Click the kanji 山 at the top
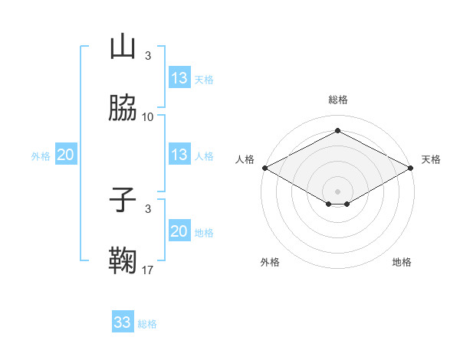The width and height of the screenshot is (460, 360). point(123,47)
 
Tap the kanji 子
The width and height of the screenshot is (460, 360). point(123,200)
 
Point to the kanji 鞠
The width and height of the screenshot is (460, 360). point(123,261)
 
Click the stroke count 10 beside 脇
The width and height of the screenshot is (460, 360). point(148,117)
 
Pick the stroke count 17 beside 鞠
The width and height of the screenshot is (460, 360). point(148,270)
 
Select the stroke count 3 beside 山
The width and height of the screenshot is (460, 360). point(148,55)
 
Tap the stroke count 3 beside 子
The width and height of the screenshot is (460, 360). point(148,208)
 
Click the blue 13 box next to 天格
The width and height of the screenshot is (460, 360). point(179,78)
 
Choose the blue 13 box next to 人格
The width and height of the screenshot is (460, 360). point(179,155)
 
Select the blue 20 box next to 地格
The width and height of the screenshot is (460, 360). point(179,231)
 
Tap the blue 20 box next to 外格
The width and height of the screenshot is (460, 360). point(66,155)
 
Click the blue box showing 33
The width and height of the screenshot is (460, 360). point(123,322)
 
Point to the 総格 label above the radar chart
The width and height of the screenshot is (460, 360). point(337,100)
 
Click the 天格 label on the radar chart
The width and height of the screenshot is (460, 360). point(431,159)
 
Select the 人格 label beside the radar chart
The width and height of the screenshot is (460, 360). point(245,159)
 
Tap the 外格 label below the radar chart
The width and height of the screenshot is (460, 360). point(270,262)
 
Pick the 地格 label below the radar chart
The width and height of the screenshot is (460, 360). point(402,262)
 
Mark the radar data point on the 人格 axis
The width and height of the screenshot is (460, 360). point(264,168)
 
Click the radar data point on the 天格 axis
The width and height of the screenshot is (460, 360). point(411,168)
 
